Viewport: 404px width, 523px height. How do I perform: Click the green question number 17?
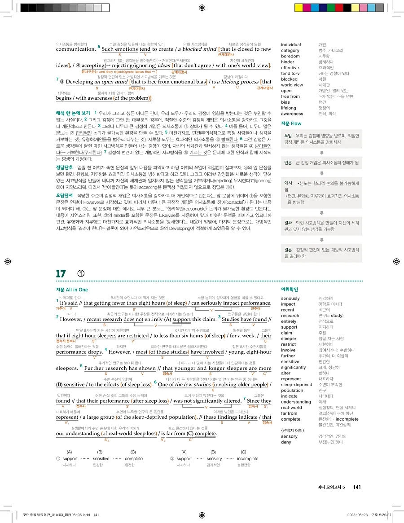[x=61, y=274]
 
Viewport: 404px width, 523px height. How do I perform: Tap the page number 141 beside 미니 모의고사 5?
[x=357, y=487]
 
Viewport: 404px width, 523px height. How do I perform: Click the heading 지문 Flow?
[x=291, y=123]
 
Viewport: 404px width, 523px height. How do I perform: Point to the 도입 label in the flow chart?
[x=288, y=135]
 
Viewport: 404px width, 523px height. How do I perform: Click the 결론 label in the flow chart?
[x=288, y=249]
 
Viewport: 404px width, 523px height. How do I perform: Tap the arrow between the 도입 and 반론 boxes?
[x=321, y=153]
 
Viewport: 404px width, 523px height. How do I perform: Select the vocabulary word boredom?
[x=290, y=56]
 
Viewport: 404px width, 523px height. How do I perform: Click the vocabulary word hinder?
[x=288, y=62]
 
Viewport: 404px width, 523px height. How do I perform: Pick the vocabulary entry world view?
[x=292, y=85]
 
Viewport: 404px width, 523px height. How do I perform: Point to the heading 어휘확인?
[x=289, y=290]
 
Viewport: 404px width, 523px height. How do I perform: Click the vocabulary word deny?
[x=286, y=442]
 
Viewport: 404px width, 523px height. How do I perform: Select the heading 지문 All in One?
[x=72, y=290]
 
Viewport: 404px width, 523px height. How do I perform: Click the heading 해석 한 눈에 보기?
[x=73, y=112]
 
